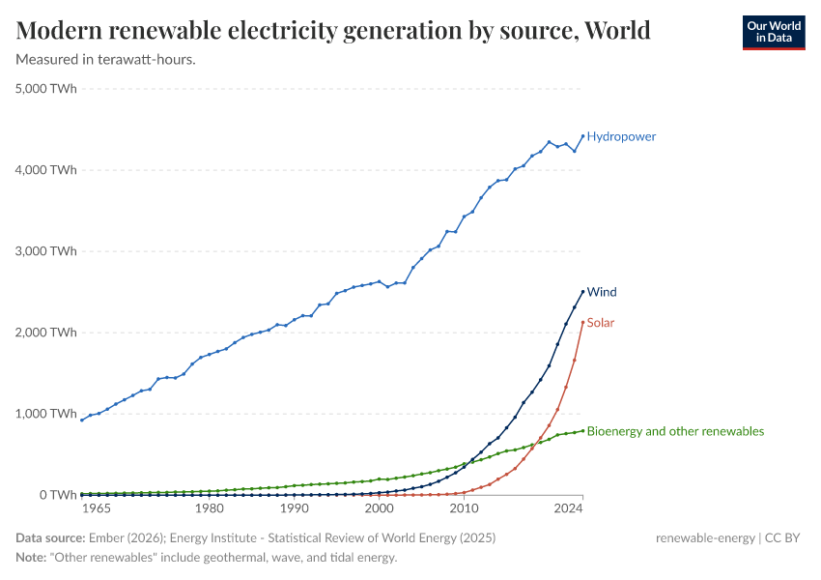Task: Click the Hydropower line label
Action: pyautogui.click(x=621, y=136)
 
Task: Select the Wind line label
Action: pyautogui.click(x=602, y=292)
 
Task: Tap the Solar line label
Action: pyautogui.click(x=601, y=322)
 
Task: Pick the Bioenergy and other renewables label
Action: pyautogui.click(x=675, y=431)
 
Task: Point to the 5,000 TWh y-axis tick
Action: pyautogui.click(x=45, y=89)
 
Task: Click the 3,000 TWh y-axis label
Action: pyautogui.click(x=45, y=251)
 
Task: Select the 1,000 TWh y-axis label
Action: pyautogui.click(x=45, y=414)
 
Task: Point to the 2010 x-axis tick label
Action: pyautogui.click(x=465, y=508)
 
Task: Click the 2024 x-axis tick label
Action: pyautogui.click(x=571, y=508)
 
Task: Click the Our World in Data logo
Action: pyautogui.click(x=773, y=32)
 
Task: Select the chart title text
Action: pyautogui.click(x=333, y=30)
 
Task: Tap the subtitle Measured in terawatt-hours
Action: pyautogui.click(x=106, y=60)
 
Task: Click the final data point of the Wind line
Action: pyautogui.click(x=582, y=291)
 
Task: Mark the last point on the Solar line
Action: pyautogui.click(x=582, y=321)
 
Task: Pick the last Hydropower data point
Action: pyautogui.click(x=582, y=135)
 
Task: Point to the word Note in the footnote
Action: pyautogui.click(x=33, y=558)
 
